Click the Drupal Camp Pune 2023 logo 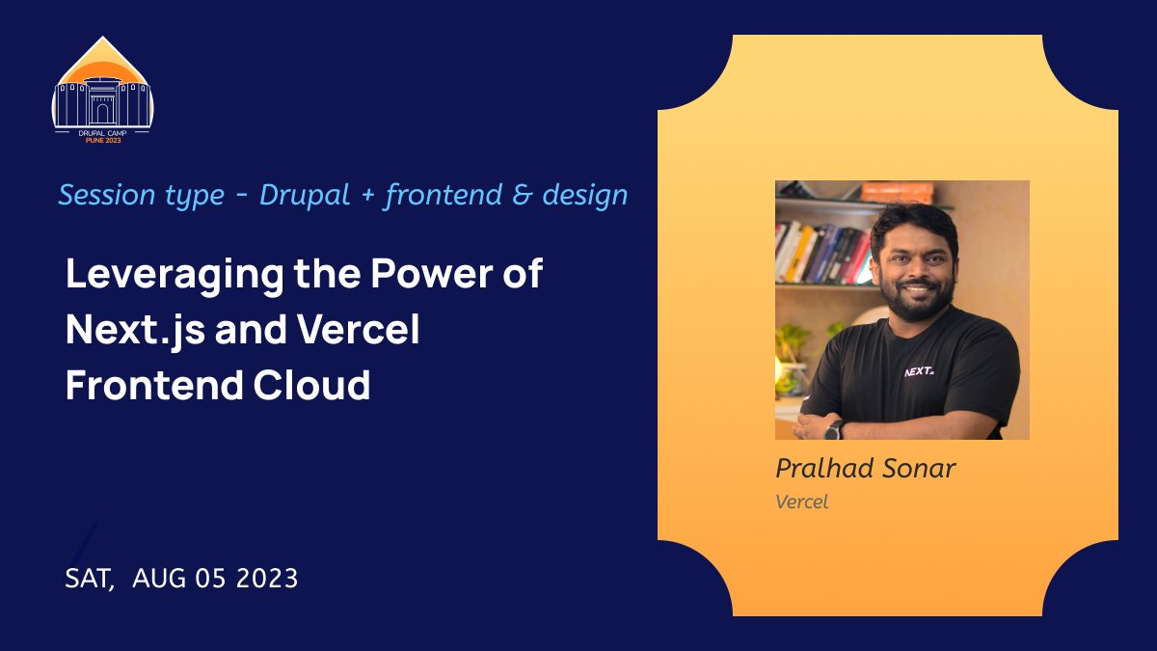tap(102, 90)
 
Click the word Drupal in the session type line tap(307, 196)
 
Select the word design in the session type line tap(584, 196)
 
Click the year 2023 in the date tap(262, 579)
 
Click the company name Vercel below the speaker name tap(801, 502)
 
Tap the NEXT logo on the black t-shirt tap(918, 371)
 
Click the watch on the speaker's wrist tap(834, 429)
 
